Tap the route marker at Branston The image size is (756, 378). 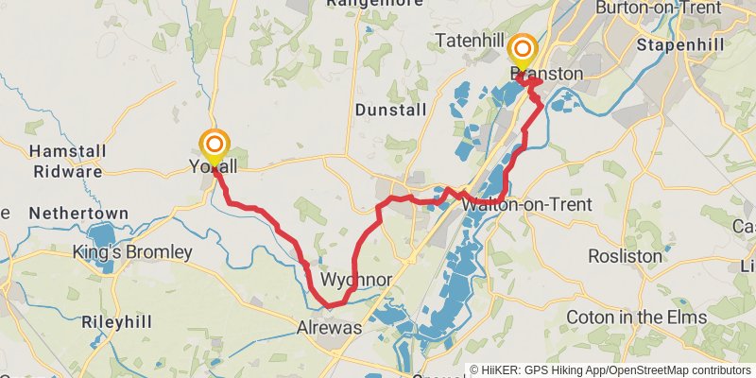521,51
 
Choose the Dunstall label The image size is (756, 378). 386,111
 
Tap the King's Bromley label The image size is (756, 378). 132,252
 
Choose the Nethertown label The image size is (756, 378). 71,214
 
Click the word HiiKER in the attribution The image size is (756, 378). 499,370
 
